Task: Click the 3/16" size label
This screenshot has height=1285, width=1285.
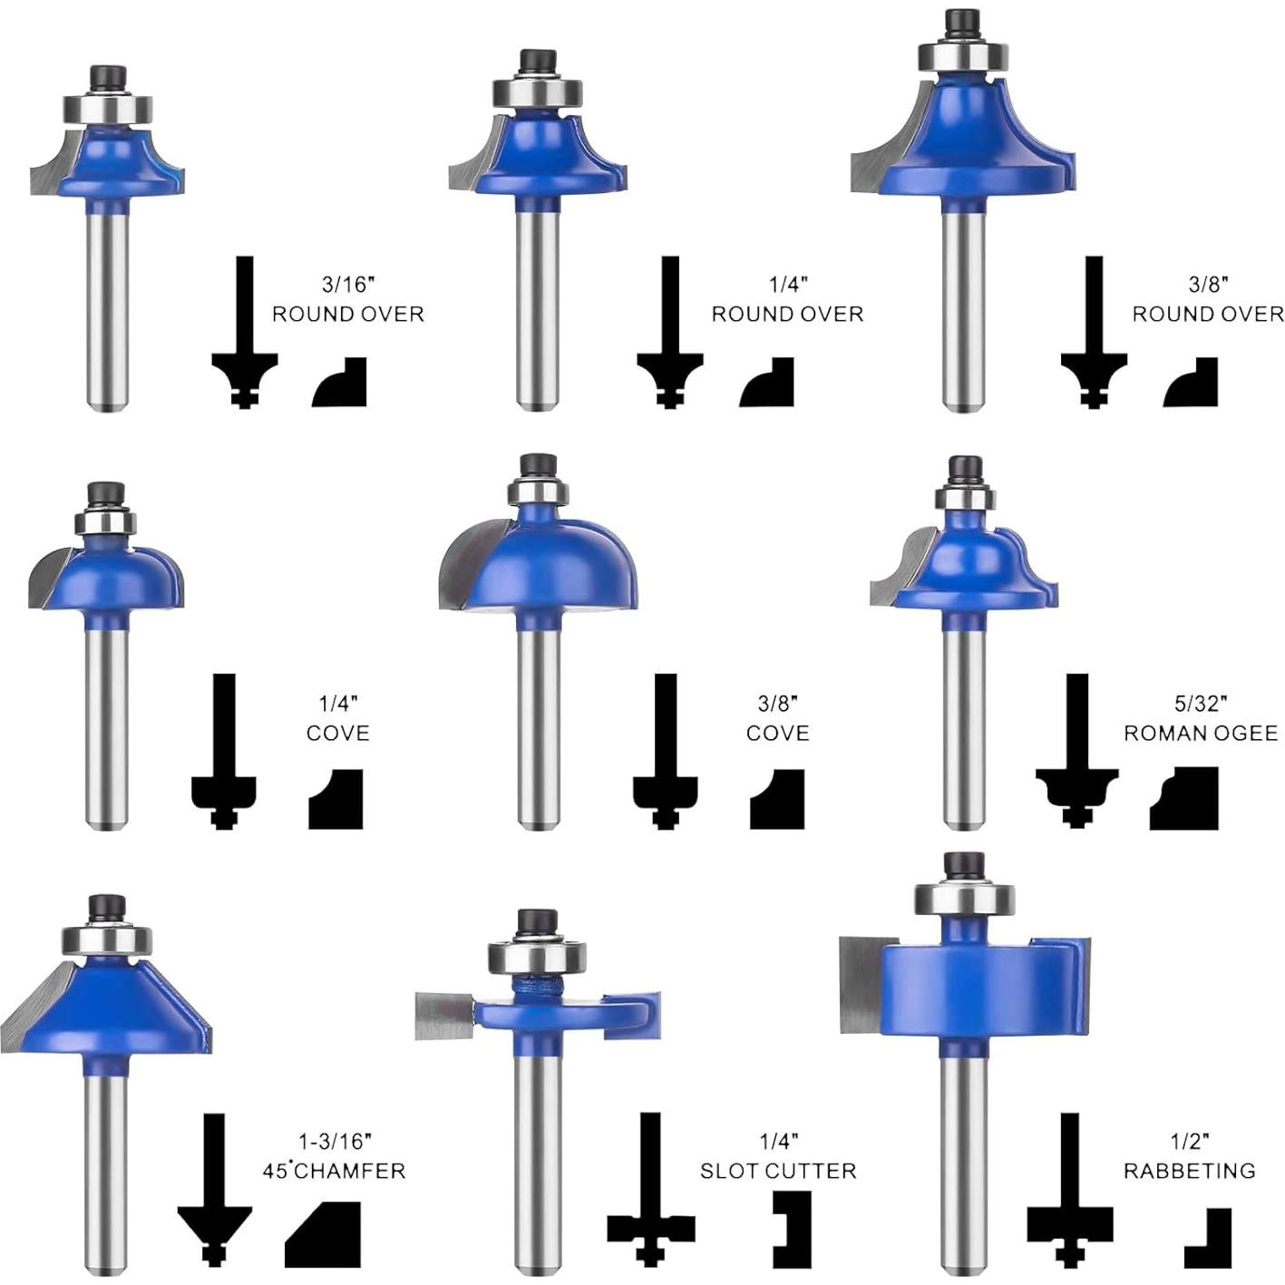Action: point(348,285)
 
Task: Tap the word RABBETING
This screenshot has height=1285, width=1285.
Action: point(1190,1171)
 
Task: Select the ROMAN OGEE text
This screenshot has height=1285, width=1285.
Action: point(1201,734)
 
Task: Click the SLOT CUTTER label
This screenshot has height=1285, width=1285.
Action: point(778,1171)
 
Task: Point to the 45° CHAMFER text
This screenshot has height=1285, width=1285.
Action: point(334,1171)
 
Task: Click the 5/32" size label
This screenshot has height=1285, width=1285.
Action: point(1201,704)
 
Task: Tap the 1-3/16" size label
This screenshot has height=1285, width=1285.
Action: point(334,1141)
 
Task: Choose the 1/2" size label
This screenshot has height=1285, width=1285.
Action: point(1191,1141)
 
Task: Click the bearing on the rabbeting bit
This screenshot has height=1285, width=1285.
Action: point(964,899)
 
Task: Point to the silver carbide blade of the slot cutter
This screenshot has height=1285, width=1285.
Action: point(444,1015)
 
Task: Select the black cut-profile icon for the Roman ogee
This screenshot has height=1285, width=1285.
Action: point(1183,797)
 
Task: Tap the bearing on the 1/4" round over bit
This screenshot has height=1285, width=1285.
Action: point(538,92)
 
